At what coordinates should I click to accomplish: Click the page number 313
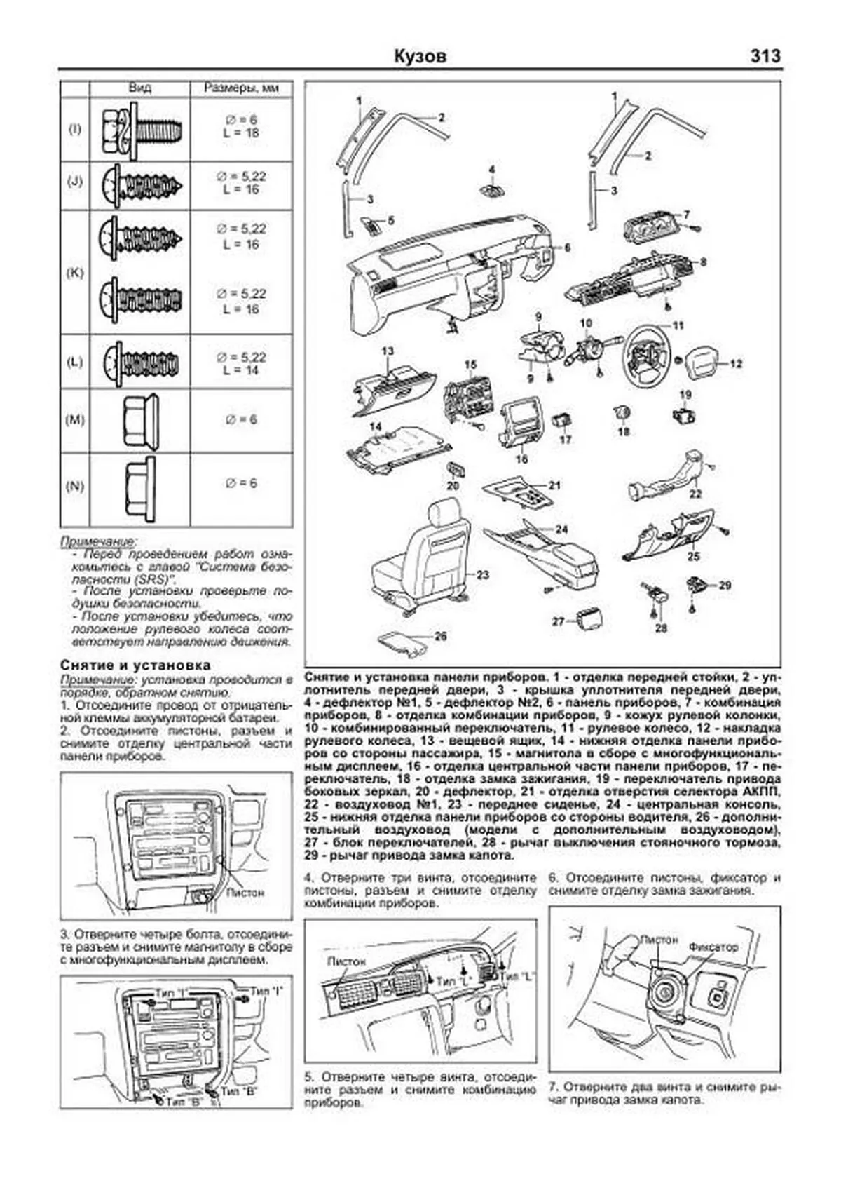tap(765, 56)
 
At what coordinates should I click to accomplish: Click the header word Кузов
tap(420, 56)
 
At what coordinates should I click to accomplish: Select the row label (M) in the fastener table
tap(74, 420)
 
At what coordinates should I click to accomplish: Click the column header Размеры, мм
tap(241, 88)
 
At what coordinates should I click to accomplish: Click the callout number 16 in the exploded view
tap(521, 459)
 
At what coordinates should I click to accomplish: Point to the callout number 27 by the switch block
tap(558, 621)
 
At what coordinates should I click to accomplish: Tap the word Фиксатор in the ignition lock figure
tap(713, 947)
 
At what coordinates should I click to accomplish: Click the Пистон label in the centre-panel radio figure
tap(245, 893)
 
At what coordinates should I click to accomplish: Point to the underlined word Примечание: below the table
tap(98, 542)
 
